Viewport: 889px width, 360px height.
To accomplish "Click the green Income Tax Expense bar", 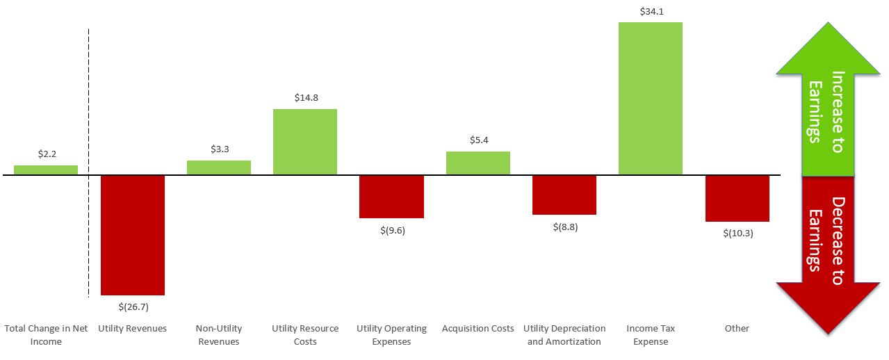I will point(650,98).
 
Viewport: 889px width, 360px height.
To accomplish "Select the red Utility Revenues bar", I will point(133,235).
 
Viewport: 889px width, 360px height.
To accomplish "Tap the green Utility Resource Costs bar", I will point(305,142).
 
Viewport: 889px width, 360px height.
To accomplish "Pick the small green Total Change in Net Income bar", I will point(46,170).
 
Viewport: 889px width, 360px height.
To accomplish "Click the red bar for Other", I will point(737,198).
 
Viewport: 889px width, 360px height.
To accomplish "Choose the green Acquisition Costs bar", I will point(478,163).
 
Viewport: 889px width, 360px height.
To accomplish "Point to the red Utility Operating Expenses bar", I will point(391,197).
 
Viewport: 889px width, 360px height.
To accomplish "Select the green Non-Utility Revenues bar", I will point(219,167).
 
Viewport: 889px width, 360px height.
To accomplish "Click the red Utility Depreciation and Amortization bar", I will point(564,195).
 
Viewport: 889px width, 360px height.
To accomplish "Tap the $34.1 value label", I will point(650,11).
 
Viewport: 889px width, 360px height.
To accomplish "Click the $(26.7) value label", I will point(133,306).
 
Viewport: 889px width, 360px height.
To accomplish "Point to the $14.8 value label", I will point(305,98).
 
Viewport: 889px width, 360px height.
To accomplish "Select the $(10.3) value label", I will point(737,234).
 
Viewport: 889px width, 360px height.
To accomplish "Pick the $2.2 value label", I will point(46,154).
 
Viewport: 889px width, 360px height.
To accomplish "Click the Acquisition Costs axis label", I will point(478,328).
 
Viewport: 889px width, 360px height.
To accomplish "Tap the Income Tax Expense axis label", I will point(650,334).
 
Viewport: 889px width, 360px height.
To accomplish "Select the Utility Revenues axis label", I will point(133,328).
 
